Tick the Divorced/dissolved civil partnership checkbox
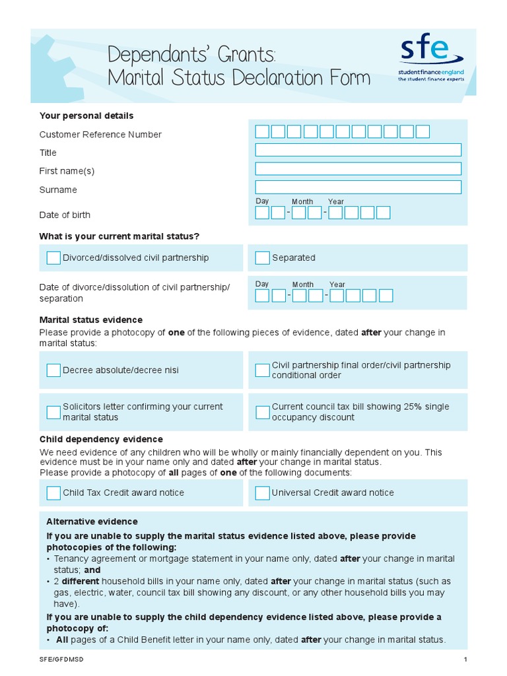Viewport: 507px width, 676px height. [53, 258]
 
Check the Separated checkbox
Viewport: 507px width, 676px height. [262, 258]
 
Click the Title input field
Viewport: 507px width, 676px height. [358, 150]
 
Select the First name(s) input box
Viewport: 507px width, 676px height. [358, 168]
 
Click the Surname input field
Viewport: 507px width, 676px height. [358, 187]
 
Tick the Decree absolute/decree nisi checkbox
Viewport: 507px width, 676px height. [53, 370]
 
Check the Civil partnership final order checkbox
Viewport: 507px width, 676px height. [262, 370]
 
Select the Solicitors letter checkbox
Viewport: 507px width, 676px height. [53, 413]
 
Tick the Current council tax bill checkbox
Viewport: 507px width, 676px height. [262, 413]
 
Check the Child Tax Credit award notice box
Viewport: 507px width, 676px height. [53, 493]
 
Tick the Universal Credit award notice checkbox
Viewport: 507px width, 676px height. [262, 493]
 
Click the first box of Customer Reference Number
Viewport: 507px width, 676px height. [262, 131]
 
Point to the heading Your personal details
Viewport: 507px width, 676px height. [86, 116]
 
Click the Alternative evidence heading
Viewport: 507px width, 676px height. [92, 522]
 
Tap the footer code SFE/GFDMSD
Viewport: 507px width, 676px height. [62, 659]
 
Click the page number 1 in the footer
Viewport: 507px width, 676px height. [465, 659]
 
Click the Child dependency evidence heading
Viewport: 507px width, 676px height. [101, 439]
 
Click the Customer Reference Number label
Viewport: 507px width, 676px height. [100, 135]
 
